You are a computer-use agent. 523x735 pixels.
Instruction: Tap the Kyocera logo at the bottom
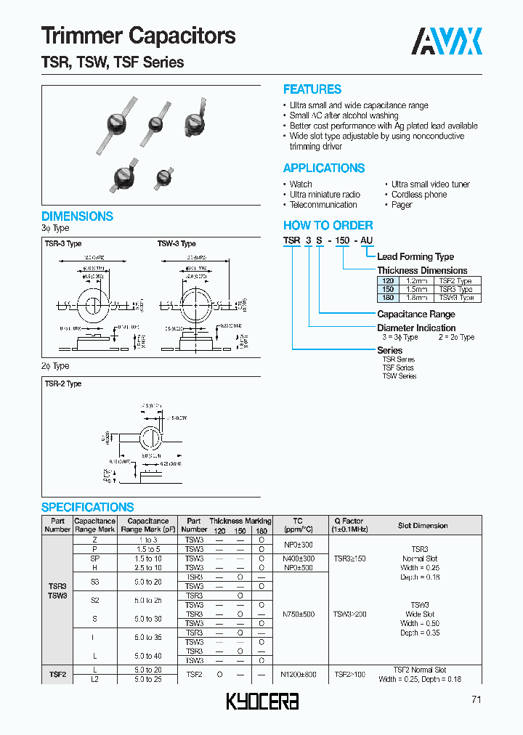pos(263,701)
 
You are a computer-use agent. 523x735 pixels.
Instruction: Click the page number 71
pos(475,699)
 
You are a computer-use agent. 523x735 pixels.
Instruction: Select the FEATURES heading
pos(312,89)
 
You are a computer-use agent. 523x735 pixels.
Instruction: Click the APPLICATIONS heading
pos(323,168)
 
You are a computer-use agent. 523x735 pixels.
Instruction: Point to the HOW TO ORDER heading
pos(328,225)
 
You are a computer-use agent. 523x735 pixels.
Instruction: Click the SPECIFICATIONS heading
pos(87,507)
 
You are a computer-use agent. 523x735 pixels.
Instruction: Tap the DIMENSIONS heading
pos(77,216)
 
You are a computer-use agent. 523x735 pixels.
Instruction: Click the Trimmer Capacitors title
pos(138,36)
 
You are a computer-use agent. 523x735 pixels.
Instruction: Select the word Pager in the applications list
pos(402,205)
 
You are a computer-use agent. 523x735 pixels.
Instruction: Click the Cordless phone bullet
pos(419,195)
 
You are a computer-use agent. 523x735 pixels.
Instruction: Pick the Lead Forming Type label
pos(415,256)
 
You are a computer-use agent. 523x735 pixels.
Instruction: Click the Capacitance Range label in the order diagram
pos(415,314)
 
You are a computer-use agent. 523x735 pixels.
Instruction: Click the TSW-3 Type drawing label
pos(177,244)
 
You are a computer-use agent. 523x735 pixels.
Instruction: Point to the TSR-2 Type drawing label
pos(63,383)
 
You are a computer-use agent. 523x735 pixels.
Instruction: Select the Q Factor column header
pos(349,525)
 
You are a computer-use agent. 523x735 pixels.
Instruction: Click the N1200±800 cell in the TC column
pos(298,675)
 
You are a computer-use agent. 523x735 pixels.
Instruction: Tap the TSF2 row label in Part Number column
pos(57,675)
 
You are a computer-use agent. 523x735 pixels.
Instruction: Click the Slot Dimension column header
pos(423,525)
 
